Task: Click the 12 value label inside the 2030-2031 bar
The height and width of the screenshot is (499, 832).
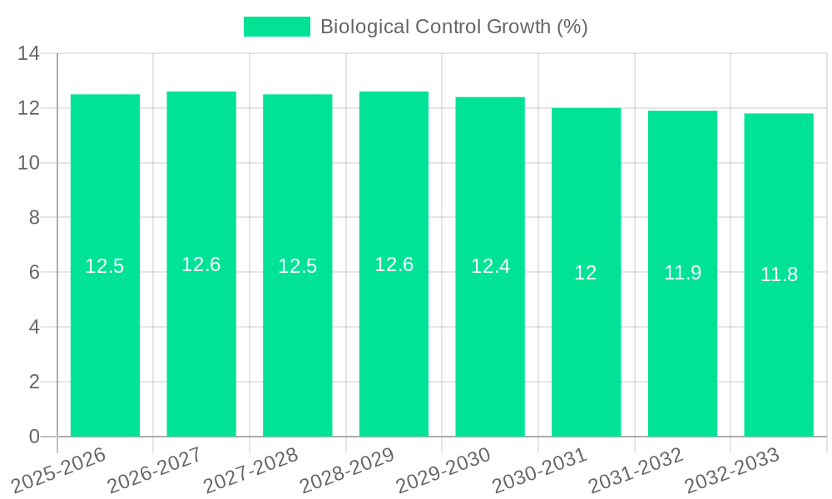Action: coord(586,273)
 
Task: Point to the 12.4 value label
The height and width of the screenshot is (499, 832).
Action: coord(490,267)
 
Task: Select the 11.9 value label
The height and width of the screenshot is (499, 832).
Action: coord(682,273)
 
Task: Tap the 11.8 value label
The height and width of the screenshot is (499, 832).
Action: coord(779,274)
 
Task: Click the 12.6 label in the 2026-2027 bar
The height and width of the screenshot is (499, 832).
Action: coord(201,264)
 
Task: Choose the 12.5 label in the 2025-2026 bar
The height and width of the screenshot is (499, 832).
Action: coord(105,266)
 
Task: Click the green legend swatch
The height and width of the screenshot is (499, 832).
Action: coord(276,27)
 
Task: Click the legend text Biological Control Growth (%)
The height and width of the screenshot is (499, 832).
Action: coord(454,27)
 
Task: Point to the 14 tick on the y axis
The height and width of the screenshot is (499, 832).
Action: coord(29,54)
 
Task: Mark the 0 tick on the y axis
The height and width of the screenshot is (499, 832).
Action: coord(34,437)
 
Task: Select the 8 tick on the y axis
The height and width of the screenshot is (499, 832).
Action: coord(34,218)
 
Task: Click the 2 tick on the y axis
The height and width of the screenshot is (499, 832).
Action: coord(34,382)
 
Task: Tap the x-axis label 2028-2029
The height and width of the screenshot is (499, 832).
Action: coord(347,471)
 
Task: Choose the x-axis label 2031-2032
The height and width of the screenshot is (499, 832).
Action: coord(636,471)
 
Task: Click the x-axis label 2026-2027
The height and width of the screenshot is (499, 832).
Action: coord(155,471)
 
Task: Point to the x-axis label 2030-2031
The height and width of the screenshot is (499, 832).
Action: coord(539,471)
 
